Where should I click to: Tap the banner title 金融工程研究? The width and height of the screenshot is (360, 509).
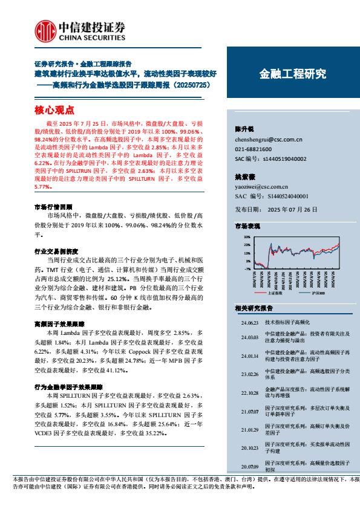pyautogui.click(x=293, y=74)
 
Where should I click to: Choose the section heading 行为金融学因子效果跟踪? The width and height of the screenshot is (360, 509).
pyautogui.click(x=66, y=386)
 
